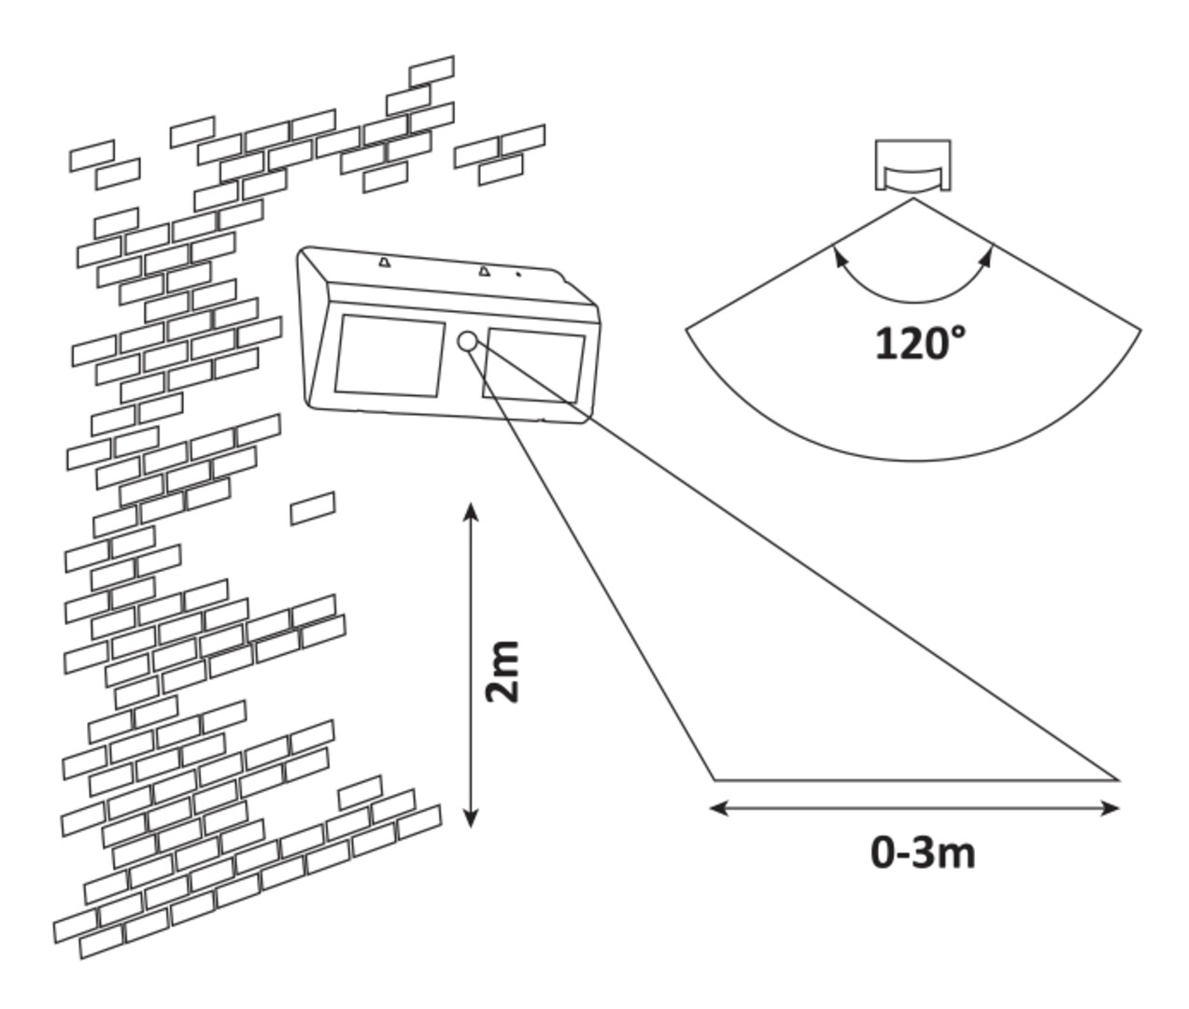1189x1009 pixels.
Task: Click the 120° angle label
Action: tap(919, 344)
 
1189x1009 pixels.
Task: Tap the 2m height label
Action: tap(503, 672)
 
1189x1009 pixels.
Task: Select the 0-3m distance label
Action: tap(923, 853)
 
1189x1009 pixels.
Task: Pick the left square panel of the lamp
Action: tap(389, 356)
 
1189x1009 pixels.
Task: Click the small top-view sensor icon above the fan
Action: tap(913, 166)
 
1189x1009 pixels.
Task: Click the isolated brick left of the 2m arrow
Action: tap(313, 508)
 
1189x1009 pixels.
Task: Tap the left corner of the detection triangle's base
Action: tap(715, 778)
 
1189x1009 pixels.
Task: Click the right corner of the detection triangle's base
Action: tap(1117, 778)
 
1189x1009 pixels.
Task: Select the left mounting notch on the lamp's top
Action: tap(384, 263)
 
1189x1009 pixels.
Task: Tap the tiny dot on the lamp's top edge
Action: tap(519, 275)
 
